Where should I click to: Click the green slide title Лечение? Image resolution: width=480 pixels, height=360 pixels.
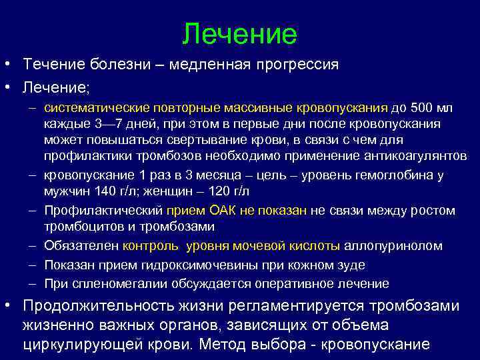click(239, 33)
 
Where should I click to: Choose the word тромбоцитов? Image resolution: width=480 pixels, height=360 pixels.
click(82, 227)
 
